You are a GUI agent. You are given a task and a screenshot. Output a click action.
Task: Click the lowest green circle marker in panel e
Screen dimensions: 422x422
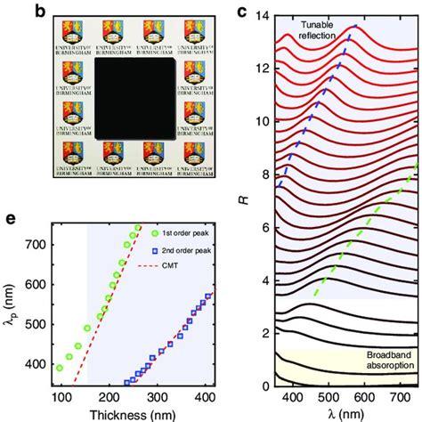pos(85,368)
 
